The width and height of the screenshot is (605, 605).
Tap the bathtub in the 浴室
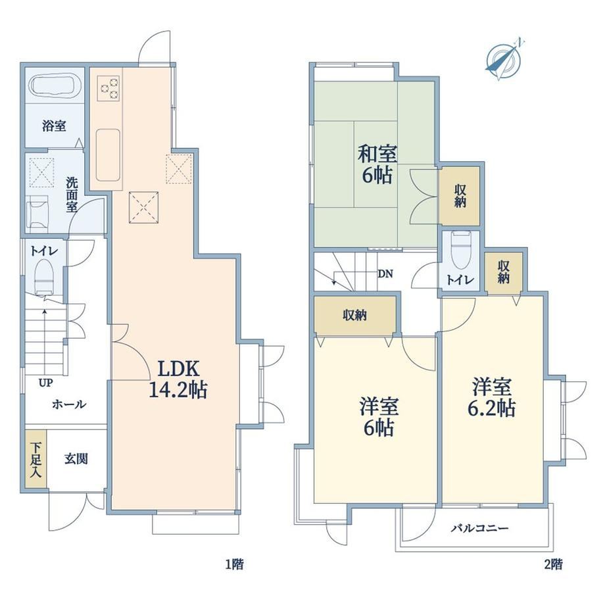click(x=55, y=85)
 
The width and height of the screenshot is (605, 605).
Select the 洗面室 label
click(x=72, y=195)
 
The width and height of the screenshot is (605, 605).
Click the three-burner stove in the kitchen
click(x=109, y=88)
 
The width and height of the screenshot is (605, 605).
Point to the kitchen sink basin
click(x=109, y=155)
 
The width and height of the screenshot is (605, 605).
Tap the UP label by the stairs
click(x=45, y=383)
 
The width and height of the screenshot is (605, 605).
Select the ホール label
click(x=69, y=404)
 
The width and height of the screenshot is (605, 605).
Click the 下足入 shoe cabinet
click(x=36, y=460)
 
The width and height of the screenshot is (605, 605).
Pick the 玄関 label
click(x=76, y=459)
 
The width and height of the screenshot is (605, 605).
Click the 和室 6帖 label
click(x=377, y=164)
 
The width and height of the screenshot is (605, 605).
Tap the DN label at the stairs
click(x=385, y=274)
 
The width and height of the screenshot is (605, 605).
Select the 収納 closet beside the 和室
click(x=460, y=195)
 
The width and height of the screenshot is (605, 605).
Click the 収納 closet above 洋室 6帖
click(x=355, y=316)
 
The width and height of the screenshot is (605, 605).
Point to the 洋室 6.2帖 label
click(x=492, y=397)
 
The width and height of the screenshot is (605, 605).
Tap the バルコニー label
click(x=480, y=528)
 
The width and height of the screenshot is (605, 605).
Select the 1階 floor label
click(x=235, y=564)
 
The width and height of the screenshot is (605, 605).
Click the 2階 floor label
click(x=553, y=564)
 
